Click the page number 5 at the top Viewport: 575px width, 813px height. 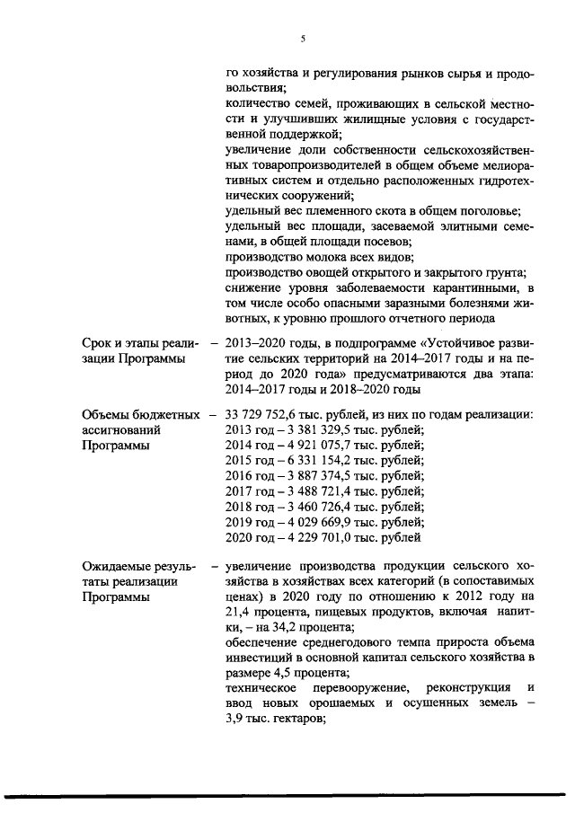click(x=303, y=38)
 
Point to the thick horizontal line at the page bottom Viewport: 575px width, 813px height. click(x=287, y=794)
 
